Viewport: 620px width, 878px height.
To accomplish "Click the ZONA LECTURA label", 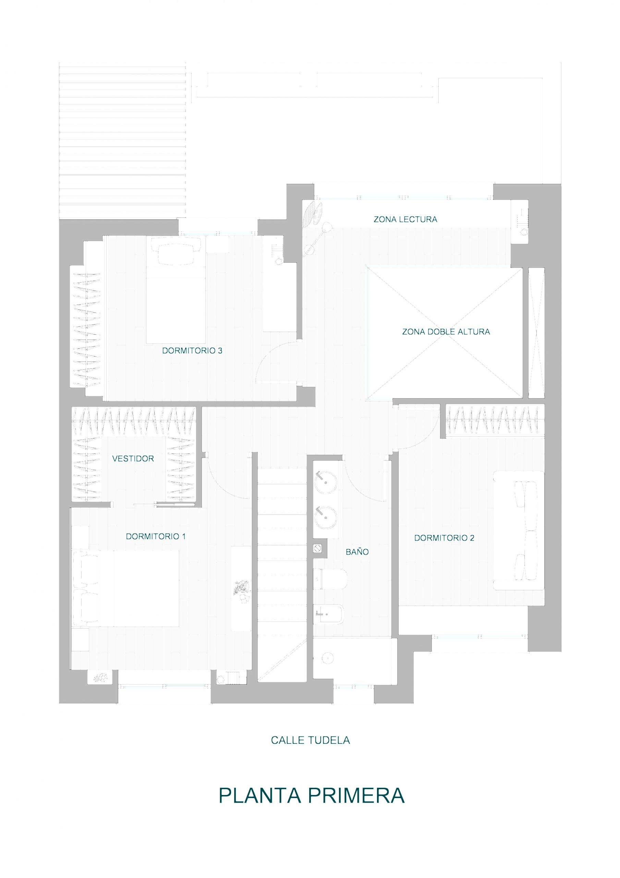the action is [x=405, y=219].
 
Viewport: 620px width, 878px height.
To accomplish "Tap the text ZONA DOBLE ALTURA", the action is [x=446, y=332].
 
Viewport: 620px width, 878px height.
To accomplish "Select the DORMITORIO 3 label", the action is [x=192, y=351].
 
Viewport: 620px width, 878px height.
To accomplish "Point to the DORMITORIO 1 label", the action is [x=156, y=536].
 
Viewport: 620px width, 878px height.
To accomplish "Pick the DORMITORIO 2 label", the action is [x=444, y=538].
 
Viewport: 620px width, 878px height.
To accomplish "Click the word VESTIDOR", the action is [x=133, y=459].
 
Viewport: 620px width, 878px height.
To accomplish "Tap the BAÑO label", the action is [x=357, y=551].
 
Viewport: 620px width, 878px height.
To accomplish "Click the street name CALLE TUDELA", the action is [x=311, y=740].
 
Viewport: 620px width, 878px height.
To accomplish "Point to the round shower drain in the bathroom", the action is [x=328, y=658].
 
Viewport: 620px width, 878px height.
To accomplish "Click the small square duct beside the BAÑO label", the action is [x=317, y=548].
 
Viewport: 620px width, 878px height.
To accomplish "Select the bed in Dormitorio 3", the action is [x=176, y=290].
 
